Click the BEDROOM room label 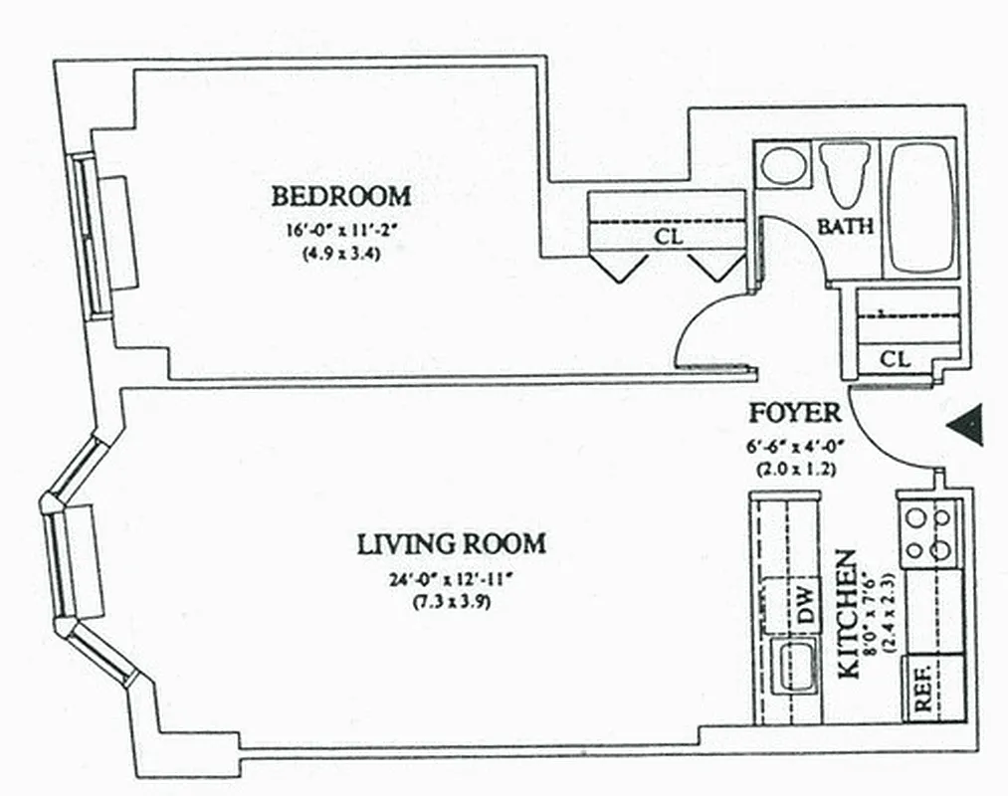(340, 196)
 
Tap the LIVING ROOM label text (451, 544)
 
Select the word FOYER (795, 413)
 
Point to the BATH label (845, 227)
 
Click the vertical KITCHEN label (849, 614)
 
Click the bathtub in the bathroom (921, 207)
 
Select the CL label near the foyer (896, 359)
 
